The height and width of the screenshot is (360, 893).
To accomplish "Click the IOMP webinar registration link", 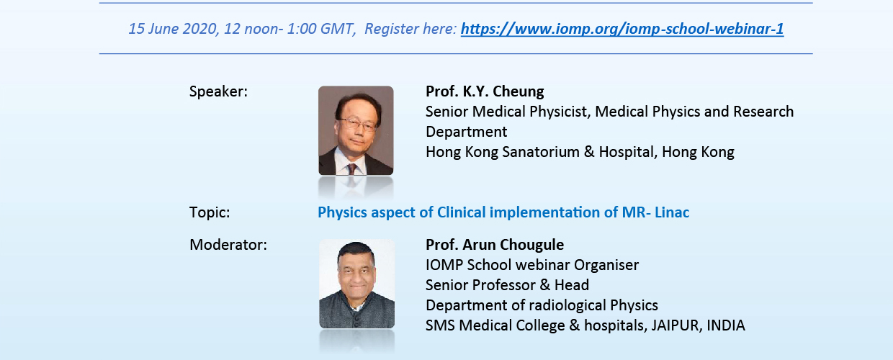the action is pos(622,29).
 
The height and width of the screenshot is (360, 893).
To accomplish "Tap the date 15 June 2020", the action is pos(173,29).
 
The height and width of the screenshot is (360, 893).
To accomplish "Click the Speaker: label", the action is pos(218,91).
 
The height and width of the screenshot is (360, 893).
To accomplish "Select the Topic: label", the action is pos(210,212).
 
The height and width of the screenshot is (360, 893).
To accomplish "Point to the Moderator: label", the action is pos(228,245).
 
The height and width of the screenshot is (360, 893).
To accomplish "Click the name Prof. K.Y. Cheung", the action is pos(485,91).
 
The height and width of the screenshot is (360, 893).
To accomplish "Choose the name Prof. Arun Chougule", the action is pos(495,245).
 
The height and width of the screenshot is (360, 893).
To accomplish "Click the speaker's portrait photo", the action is pos(356,130).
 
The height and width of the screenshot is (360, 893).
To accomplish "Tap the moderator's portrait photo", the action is pos(356,284).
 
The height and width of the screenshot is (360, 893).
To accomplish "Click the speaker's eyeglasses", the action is pos(359,124).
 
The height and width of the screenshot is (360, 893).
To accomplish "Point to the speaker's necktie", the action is pos(352,169).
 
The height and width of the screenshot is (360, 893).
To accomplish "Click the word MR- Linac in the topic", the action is pos(655,212).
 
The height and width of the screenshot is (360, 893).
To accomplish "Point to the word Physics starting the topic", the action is pos(342,212).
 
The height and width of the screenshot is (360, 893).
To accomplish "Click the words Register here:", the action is pos(410,29).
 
